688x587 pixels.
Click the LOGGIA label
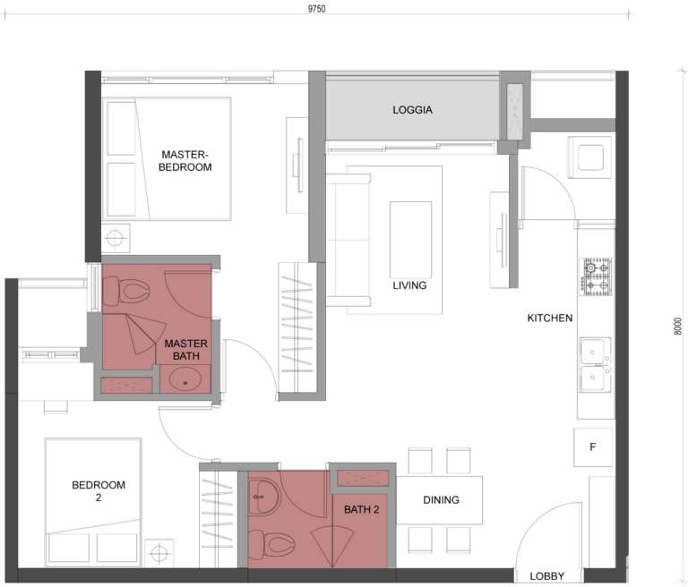(x=412, y=110)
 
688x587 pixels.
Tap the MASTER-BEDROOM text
(x=185, y=159)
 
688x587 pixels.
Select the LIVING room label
(x=409, y=286)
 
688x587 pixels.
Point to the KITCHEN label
(x=549, y=318)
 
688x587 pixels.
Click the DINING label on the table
(x=441, y=500)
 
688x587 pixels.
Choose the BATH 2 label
(x=362, y=509)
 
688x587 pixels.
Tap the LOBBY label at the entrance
(x=546, y=577)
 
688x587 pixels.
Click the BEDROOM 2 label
(x=99, y=491)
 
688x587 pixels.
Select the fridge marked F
(x=593, y=446)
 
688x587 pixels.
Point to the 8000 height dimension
(x=677, y=328)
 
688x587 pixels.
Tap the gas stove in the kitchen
(x=597, y=276)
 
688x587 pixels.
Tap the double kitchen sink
(x=596, y=366)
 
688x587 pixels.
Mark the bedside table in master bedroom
(x=116, y=239)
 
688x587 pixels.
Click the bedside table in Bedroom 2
(x=159, y=551)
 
